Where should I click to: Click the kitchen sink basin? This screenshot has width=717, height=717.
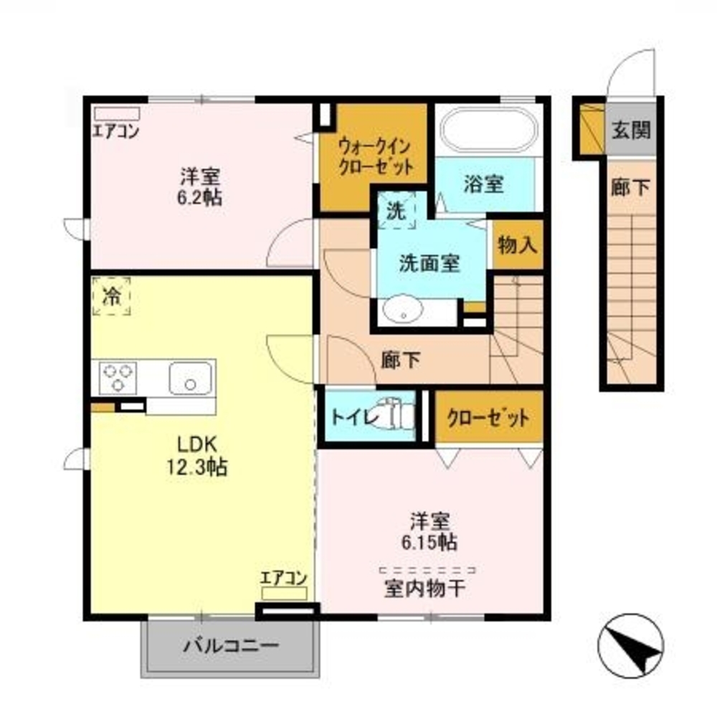pyautogui.click(x=190, y=377)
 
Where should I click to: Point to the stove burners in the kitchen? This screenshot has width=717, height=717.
pyautogui.click(x=118, y=377)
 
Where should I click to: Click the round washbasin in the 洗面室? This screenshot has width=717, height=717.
pyautogui.click(x=403, y=311)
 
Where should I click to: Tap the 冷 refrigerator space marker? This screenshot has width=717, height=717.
pyautogui.click(x=111, y=296)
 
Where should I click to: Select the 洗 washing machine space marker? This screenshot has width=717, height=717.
pyautogui.click(x=396, y=210)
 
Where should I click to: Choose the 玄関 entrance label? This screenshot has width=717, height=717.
pyautogui.click(x=631, y=130)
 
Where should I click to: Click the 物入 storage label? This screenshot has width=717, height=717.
pyautogui.click(x=517, y=245)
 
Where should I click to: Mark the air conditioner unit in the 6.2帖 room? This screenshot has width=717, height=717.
pyautogui.click(x=117, y=113)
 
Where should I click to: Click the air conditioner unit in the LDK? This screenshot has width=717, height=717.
pyautogui.click(x=284, y=594)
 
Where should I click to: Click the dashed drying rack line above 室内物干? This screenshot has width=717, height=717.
pyautogui.click(x=427, y=570)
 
